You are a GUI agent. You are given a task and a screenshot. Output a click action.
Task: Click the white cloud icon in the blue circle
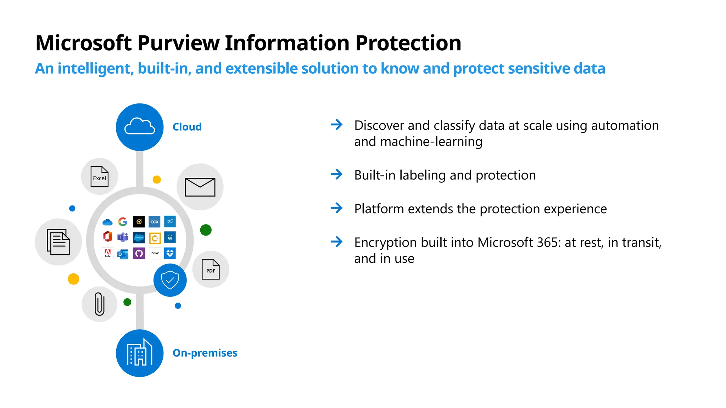pos(140,126)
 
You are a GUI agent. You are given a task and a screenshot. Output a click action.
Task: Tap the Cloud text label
pos(187,127)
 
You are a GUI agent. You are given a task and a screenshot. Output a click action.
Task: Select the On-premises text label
pos(205,353)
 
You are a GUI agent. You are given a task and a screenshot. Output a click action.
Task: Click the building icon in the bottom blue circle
pos(140,352)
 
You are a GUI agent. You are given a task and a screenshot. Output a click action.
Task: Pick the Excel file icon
pos(100,176)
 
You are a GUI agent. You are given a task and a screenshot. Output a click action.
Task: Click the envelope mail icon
pos(200,187)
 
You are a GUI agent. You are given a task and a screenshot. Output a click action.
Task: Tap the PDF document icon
pos(211,269)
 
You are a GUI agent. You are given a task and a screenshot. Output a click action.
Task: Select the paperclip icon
pos(100,304)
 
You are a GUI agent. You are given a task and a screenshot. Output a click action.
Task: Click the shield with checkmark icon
pos(170,280)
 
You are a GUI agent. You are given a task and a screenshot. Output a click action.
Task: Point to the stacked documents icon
pos(58,242)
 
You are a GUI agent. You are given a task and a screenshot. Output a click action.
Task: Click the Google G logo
pos(123,222)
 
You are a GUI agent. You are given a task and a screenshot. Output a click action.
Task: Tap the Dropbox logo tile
pos(170,253)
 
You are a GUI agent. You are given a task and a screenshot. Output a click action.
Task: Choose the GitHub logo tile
pos(139,253)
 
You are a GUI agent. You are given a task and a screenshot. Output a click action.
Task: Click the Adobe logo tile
pos(107,253)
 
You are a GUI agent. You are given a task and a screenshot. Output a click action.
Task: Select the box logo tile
pos(155,222)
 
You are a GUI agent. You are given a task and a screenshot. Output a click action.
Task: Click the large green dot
pos(206,230)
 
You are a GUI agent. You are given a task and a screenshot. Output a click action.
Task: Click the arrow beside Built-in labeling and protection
pos(336,174)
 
